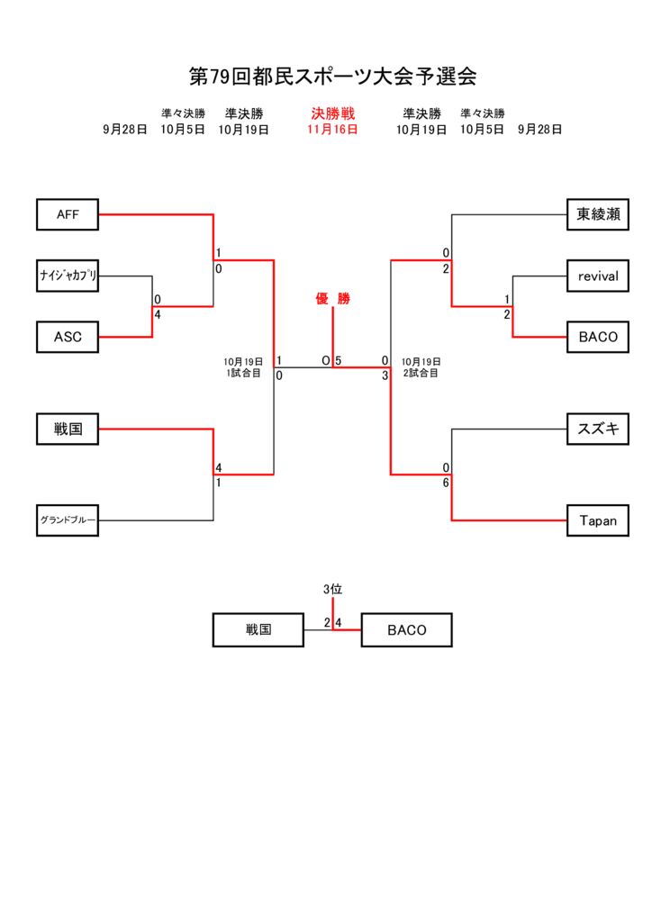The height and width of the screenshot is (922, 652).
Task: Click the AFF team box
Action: coord(68,214)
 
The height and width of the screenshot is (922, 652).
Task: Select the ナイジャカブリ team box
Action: coord(68,276)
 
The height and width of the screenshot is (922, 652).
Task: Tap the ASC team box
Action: coord(68,337)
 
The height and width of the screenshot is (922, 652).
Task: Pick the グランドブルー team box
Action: coord(68,520)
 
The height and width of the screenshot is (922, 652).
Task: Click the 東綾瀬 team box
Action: coord(598,214)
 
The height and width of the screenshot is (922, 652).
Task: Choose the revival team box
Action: coord(598,276)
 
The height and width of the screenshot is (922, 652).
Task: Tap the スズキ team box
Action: coord(598,429)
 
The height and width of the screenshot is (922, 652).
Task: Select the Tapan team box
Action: coord(598,520)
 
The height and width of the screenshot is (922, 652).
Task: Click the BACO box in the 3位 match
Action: coord(406,630)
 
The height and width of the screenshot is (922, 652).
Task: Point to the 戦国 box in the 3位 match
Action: coord(258,630)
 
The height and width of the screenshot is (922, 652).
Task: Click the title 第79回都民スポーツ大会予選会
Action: coord(332,76)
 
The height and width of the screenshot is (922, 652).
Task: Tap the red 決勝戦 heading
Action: coord(332,113)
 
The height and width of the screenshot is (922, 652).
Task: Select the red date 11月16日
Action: coord(332,129)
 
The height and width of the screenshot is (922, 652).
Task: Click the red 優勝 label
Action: coord(332,299)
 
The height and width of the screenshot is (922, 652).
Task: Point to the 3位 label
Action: coord(332,589)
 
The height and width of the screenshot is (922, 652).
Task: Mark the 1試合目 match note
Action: coord(243,373)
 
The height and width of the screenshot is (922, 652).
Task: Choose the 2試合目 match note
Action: coord(421,373)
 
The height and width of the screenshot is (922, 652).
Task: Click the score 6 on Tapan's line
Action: coord(446,483)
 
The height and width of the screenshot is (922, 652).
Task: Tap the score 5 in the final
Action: coord(339,360)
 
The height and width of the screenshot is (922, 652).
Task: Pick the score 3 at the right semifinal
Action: coord(385,375)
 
